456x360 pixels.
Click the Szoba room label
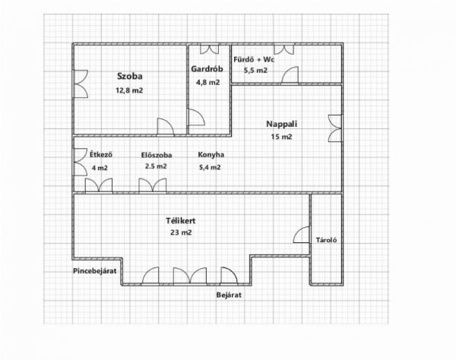tap(130, 77)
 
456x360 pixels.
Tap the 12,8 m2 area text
tap(129, 90)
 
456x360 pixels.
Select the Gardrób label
tap(207, 69)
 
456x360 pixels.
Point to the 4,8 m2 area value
tap(208, 83)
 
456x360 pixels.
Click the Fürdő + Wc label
tap(254, 59)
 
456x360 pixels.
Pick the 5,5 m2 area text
tap(255, 71)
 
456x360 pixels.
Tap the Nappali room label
tap(282, 124)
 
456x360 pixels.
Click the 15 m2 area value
tap(281, 137)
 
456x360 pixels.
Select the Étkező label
tap(101, 155)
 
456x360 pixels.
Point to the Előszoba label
tap(157, 155)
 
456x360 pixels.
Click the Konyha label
tap(211, 155)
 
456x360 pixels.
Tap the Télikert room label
tap(181, 221)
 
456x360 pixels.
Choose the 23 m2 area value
tap(181, 232)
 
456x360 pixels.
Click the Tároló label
tap(326, 240)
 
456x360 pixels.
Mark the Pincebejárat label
tap(94, 271)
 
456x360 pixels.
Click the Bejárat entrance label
tap(229, 295)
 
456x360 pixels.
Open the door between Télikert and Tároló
tap(301, 235)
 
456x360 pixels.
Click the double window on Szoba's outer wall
tap(81, 84)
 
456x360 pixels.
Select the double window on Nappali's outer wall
tap(335, 128)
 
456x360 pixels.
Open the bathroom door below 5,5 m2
tap(290, 75)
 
